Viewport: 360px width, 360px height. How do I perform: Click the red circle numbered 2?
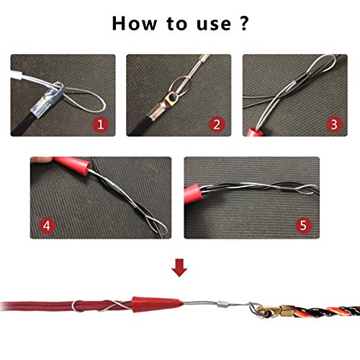click(216, 125)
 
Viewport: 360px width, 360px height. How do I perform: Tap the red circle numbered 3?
click(332, 125)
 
